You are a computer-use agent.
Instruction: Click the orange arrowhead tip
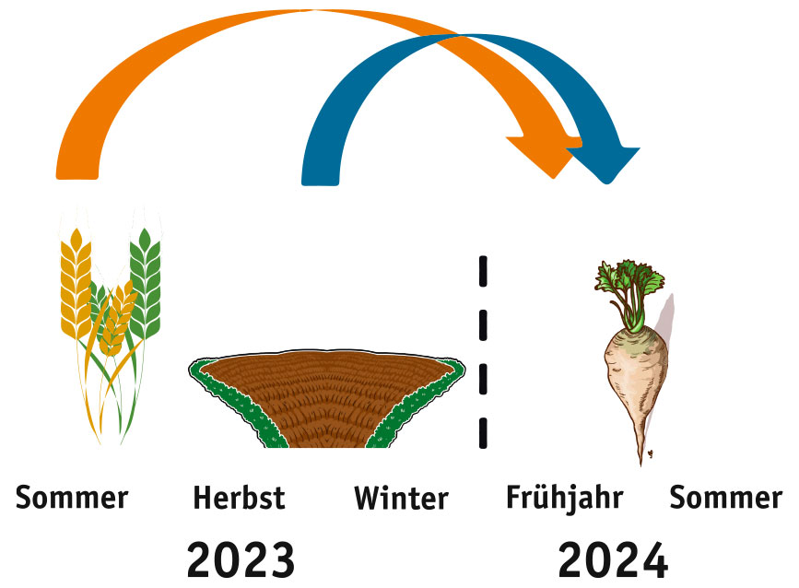[553, 178]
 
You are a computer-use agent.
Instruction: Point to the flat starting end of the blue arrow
[320, 183]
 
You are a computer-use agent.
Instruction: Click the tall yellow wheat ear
[76, 286]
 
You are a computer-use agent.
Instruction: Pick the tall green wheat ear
[146, 284]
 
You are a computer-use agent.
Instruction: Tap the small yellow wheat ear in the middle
[117, 319]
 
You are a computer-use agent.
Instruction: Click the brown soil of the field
[325, 397]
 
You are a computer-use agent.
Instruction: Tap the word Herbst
[239, 498]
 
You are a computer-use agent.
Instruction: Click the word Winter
[401, 498]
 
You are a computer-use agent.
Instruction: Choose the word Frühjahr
[565, 498]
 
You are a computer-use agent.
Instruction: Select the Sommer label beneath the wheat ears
[72, 498]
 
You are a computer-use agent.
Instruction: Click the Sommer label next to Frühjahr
[725, 498]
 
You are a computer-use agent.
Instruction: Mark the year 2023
[241, 559]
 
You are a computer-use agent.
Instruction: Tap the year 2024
[613, 559]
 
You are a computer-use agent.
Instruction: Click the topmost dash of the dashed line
[483, 271]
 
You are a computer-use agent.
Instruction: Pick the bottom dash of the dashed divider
[483, 433]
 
